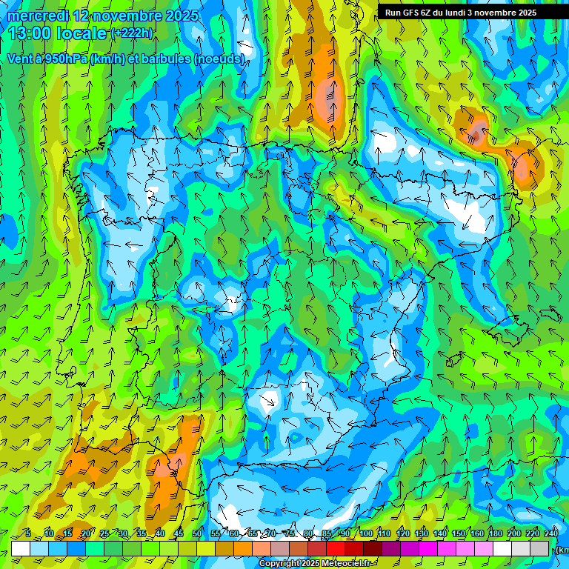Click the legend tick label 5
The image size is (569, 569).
pos(28,533)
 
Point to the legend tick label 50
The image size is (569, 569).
pos(197,533)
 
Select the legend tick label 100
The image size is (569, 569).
pos(366,533)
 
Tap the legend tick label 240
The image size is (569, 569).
pos(551,533)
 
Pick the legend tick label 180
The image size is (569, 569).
pos(496,533)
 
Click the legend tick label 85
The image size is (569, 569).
pos(327,533)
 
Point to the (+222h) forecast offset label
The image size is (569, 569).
pos(132,33)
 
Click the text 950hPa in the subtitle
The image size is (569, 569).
pos(62,59)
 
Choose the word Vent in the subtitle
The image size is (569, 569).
pos(19,59)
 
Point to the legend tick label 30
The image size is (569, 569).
pos(122,533)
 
